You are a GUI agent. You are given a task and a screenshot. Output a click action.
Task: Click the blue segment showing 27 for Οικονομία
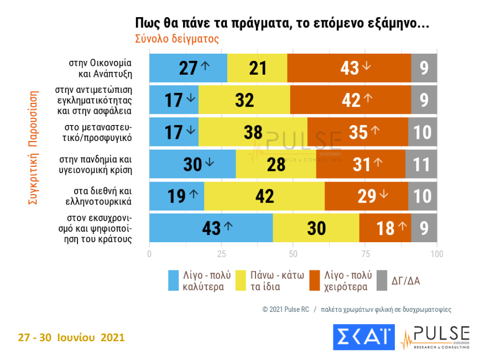188,67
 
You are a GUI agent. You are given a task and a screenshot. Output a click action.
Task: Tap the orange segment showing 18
385,227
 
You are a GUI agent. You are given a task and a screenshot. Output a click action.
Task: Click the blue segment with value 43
211,227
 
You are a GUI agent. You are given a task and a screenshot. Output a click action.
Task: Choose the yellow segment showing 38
253,132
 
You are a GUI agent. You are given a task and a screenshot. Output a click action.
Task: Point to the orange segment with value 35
358,132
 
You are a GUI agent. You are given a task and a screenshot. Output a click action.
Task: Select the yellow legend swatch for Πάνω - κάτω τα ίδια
242,280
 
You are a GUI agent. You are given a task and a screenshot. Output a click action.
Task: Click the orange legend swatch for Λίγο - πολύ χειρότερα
315,280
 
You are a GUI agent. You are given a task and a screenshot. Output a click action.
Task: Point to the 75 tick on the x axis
366,254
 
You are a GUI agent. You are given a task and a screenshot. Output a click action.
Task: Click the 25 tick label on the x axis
221,254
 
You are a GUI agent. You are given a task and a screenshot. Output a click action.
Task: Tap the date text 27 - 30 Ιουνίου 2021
71,337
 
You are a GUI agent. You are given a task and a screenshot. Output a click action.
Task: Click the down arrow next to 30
209,163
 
